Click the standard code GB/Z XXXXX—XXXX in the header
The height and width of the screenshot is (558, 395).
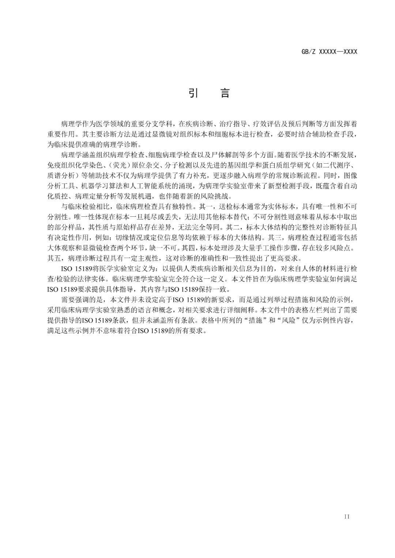[329, 52]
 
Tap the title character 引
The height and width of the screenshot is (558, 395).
[193, 93]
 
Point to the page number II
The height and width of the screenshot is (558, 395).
[347, 517]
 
